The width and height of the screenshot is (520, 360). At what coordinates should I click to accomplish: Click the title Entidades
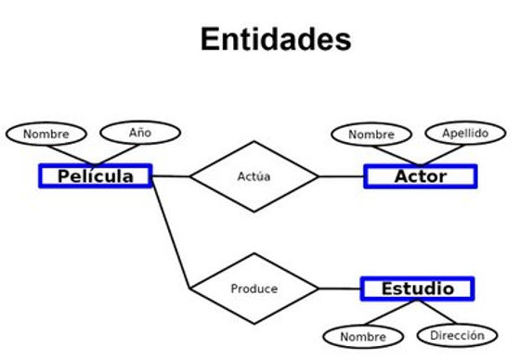275,39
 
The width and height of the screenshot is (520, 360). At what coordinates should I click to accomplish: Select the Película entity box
95,176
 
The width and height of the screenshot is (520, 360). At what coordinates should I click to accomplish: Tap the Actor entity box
420,176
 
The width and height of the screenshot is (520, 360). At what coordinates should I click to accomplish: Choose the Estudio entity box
417,289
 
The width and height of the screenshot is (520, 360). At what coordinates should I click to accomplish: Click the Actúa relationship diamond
253,176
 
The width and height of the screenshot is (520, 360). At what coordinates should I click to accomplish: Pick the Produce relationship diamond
253,289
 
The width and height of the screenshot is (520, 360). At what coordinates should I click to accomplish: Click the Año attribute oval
140,133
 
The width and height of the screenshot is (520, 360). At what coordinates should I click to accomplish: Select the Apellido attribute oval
465,133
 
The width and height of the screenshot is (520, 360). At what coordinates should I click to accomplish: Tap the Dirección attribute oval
457,334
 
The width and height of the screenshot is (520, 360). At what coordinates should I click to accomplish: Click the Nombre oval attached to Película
46,134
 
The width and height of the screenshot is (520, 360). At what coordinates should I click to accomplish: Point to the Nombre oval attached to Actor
371,135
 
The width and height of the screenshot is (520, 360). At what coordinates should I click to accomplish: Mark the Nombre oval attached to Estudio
363,336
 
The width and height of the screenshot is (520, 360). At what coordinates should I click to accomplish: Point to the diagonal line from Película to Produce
172,233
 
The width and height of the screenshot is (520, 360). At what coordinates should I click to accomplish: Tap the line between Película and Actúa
171,176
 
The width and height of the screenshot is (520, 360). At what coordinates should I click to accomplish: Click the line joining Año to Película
116,154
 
